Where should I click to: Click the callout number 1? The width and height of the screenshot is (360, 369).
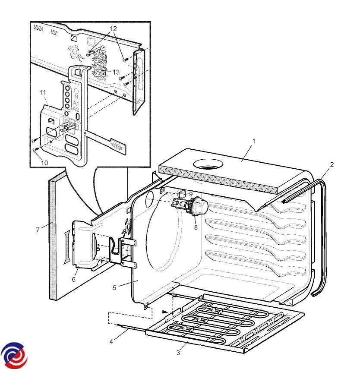tap(254, 141)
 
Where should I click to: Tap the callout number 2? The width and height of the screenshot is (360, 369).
tap(332, 164)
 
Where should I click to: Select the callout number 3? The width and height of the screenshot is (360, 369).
tap(178, 353)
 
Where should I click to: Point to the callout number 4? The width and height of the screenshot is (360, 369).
tap(111, 342)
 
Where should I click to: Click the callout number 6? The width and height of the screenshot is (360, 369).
tap(73, 279)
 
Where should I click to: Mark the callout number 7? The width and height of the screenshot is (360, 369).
tap(38, 230)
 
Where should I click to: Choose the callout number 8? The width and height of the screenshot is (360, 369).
tap(196, 227)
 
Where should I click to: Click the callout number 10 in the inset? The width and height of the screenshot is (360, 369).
tap(44, 162)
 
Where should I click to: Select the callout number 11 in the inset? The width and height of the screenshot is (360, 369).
tap(43, 92)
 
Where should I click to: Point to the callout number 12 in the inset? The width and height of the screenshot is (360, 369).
tap(113, 29)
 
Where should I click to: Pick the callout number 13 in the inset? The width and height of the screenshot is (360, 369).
tap(116, 72)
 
